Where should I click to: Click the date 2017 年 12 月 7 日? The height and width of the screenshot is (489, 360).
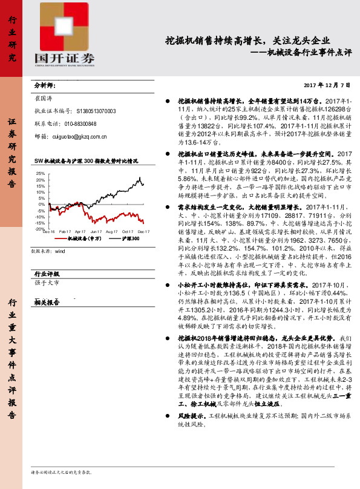327,85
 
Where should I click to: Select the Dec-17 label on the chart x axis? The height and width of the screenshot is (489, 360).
144,232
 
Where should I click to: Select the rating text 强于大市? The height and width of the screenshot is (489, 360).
47,282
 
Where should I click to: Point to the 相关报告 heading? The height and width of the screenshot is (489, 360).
46,302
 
